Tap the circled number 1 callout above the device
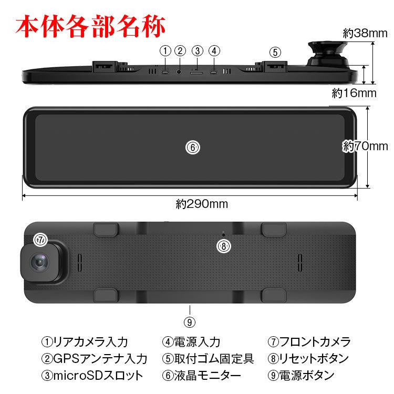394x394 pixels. point(165,51)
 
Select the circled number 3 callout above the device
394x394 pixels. point(197,51)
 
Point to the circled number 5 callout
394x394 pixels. point(275,52)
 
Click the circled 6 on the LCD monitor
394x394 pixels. point(193,148)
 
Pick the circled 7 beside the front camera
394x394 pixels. point(40,240)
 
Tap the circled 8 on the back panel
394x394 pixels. point(223,245)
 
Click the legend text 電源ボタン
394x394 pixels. point(307,375)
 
